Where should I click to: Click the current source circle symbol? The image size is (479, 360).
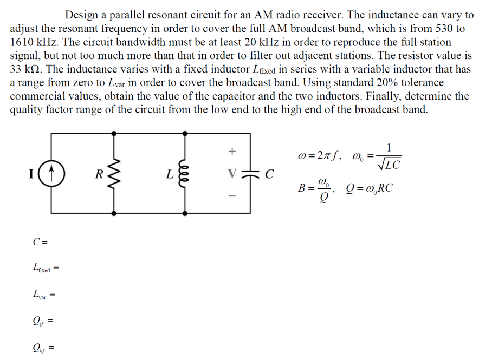[x=53, y=174]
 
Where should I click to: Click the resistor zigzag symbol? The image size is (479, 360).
[x=115, y=174]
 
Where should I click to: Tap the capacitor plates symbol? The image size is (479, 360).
[x=250, y=174]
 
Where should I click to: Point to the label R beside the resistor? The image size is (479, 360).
[x=99, y=174]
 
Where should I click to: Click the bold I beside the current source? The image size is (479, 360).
[x=31, y=174]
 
